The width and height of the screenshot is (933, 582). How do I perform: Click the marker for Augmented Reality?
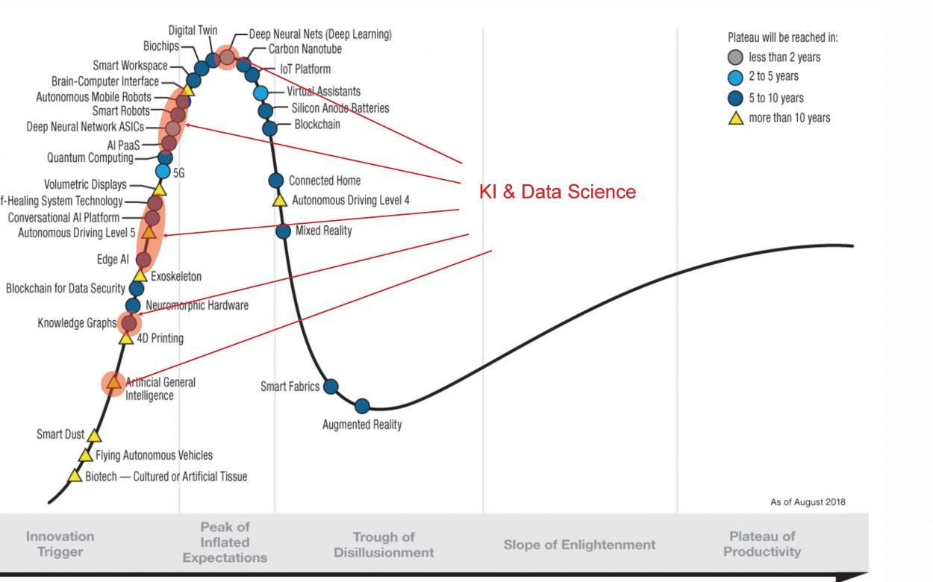pyautogui.click(x=362, y=406)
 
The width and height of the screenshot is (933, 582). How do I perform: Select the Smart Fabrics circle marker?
pyautogui.click(x=331, y=387)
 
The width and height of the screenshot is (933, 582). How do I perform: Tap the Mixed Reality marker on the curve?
pyautogui.click(x=283, y=231)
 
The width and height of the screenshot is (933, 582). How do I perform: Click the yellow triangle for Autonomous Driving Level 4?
pyautogui.click(x=280, y=200)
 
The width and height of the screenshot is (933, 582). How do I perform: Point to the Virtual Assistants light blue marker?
pyautogui.click(x=260, y=93)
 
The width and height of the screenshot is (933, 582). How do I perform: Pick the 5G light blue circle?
pyautogui.click(x=163, y=172)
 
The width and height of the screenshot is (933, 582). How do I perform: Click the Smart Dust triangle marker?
pyautogui.click(x=94, y=435)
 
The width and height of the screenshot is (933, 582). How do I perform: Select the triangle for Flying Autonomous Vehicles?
pyautogui.click(x=86, y=455)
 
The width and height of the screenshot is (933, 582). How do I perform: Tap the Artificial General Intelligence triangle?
pyautogui.click(x=113, y=383)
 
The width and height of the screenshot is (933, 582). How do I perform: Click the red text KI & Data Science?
pyautogui.click(x=557, y=192)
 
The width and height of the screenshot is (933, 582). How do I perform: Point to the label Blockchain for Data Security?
pyautogui.click(x=66, y=288)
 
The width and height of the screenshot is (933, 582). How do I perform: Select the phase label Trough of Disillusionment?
pyautogui.click(x=384, y=545)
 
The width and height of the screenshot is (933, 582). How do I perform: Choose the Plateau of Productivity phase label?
pyautogui.click(x=762, y=544)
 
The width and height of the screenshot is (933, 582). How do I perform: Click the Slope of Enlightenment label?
pyautogui.click(x=579, y=545)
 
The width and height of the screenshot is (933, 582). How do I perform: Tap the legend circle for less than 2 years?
pyautogui.click(x=735, y=57)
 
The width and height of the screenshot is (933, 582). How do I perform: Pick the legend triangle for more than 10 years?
pyautogui.click(x=735, y=118)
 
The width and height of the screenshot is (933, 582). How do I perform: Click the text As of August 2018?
pyautogui.click(x=808, y=502)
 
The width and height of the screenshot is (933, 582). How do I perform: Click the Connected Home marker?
pyautogui.click(x=275, y=181)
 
